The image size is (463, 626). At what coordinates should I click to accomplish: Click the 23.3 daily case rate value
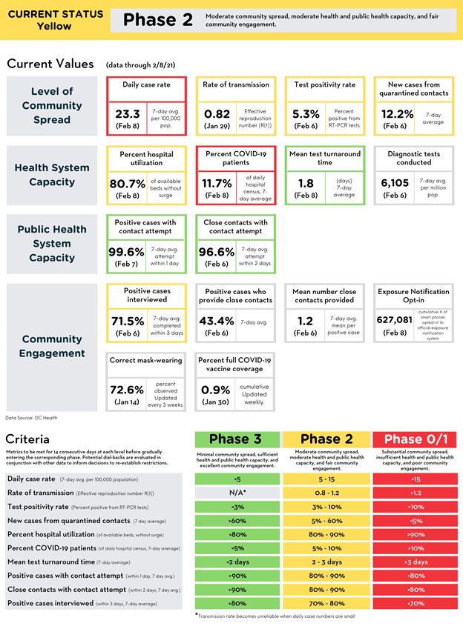click(x=127, y=113)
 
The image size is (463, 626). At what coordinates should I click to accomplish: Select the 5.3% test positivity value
click(x=306, y=113)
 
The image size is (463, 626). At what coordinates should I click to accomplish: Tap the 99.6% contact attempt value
click(x=127, y=252)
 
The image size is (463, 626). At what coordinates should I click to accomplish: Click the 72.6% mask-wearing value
click(x=127, y=389)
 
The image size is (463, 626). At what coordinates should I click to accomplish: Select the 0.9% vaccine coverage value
click(x=216, y=389)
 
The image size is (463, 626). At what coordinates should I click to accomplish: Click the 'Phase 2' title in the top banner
click(x=158, y=20)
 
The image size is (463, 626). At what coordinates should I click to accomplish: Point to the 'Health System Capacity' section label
click(x=52, y=175)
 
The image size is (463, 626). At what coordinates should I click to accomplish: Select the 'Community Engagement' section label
click(x=52, y=346)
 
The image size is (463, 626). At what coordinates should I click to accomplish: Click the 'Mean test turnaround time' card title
click(x=325, y=158)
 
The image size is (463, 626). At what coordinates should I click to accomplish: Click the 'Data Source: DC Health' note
click(x=34, y=418)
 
